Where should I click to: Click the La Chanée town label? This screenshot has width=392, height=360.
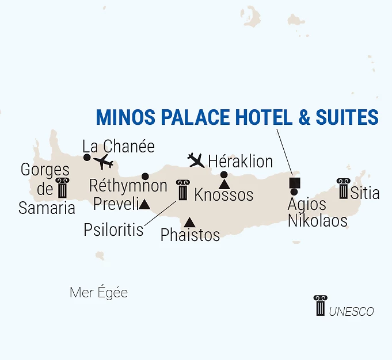coord(119,146)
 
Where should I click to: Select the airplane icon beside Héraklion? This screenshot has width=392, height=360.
coord(196,159)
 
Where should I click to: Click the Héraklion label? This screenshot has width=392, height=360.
coord(240,161)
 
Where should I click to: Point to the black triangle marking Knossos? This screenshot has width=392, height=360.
coord(224,184)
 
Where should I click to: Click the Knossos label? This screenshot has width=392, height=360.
coord(224,195)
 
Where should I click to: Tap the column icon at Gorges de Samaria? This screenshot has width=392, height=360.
coord(62,189)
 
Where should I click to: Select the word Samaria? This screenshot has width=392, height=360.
coord(47,208)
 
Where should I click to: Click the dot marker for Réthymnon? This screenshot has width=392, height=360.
coord(145,176)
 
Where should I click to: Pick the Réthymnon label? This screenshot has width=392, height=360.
coord(128,186)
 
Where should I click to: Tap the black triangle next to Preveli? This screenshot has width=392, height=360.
coord(144,204)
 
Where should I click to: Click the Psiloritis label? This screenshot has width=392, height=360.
coord(113,229)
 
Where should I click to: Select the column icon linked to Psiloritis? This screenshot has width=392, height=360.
coord(183,190)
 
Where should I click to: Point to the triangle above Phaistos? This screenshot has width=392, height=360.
coord(189,222)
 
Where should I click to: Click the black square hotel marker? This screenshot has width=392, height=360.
coord(294,183)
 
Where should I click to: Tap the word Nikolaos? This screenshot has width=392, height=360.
coord(318,220)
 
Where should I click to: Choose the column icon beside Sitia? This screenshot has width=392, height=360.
coord(344,188)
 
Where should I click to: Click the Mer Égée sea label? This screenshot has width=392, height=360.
coord(98,293)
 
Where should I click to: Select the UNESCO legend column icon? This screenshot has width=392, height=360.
coord(320,305)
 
